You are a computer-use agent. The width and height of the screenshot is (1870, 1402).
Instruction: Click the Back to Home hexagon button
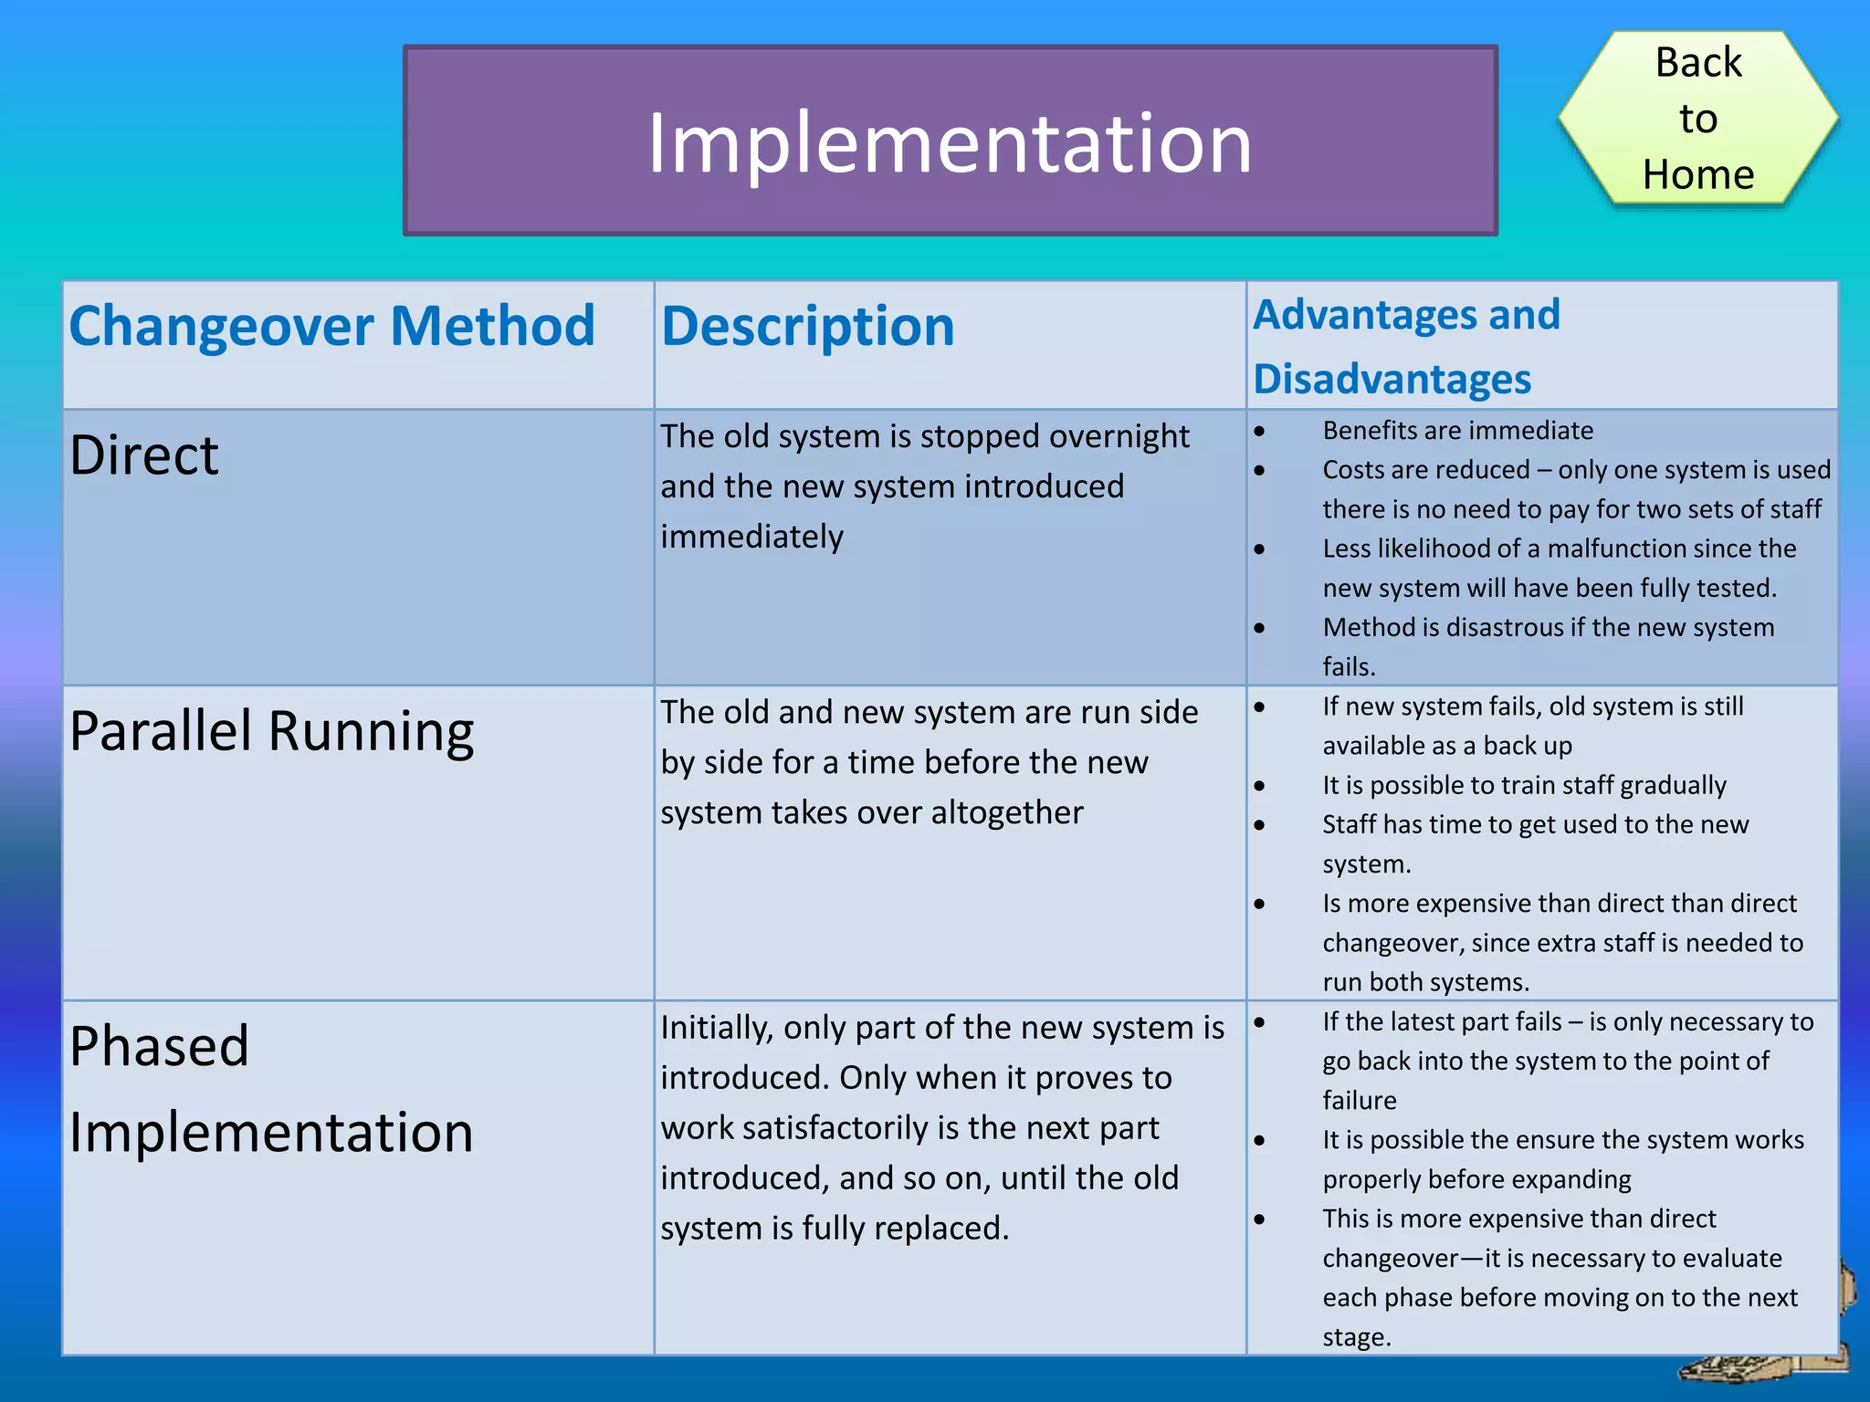(x=1697, y=119)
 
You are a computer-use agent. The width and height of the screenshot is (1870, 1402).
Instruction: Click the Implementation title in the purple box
(x=950, y=142)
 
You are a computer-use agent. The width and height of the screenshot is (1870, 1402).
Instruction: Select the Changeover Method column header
(x=332, y=326)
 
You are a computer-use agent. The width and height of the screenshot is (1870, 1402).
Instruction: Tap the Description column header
(x=807, y=326)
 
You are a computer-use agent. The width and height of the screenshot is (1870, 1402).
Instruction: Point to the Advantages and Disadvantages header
(x=1406, y=346)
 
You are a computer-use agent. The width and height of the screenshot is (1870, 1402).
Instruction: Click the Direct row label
(x=144, y=455)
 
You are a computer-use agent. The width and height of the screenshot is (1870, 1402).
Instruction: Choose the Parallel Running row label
(x=271, y=731)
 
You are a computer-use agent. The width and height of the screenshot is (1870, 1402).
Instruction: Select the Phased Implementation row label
(x=271, y=1088)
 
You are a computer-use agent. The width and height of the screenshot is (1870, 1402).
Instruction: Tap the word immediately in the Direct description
(x=751, y=537)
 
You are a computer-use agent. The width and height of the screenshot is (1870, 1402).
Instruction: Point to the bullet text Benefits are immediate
(x=1457, y=430)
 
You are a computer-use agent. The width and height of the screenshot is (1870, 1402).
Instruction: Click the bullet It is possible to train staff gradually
(x=1524, y=785)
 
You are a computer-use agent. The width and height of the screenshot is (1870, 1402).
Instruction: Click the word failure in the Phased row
(x=1359, y=1100)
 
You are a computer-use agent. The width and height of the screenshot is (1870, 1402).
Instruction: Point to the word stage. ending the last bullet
(x=1357, y=1337)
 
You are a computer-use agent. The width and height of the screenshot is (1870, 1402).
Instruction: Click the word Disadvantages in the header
(x=1392, y=379)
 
